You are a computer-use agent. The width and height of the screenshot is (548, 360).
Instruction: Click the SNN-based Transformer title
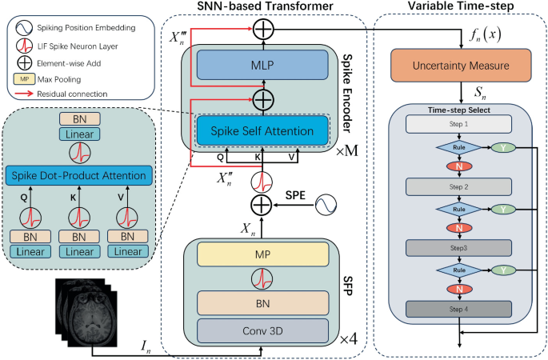pos(264,8)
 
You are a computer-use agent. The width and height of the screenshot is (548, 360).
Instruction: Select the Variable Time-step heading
pos(460,8)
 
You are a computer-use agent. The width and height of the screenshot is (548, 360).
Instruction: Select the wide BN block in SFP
pos(264,302)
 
